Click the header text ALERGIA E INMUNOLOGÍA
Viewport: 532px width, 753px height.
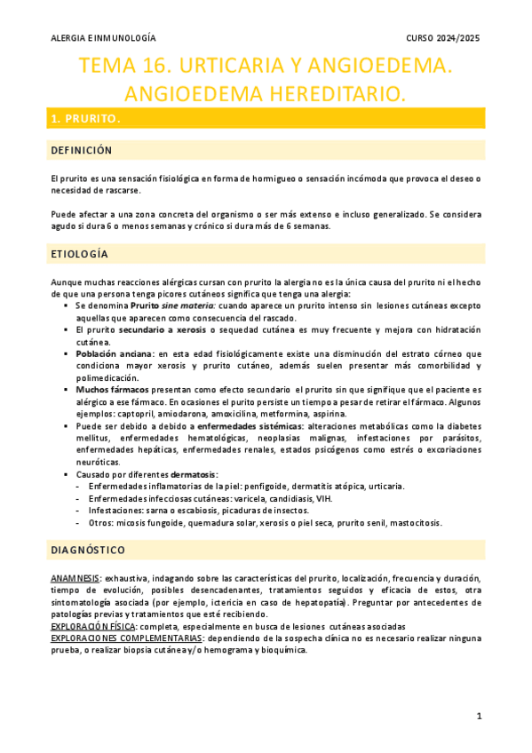(102, 38)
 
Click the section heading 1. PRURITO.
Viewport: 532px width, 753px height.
(85, 118)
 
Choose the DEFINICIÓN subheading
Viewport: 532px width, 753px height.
(82, 150)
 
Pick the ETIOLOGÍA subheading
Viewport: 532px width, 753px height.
(79, 255)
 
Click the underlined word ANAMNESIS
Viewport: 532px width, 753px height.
(75, 579)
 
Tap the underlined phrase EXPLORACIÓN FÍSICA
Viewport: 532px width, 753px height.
(93, 626)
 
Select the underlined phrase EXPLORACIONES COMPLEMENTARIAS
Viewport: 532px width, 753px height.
(126, 638)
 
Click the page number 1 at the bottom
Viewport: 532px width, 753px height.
(479, 717)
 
